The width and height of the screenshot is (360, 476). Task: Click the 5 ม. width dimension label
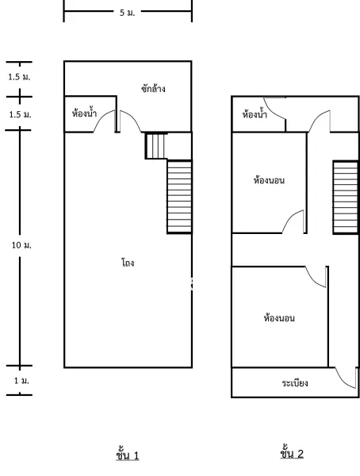(x=127, y=13)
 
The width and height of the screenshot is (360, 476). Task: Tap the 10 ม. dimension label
(x=21, y=245)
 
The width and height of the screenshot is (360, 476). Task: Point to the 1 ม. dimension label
(x=21, y=380)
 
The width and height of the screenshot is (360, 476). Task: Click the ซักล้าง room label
(x=153, y=89)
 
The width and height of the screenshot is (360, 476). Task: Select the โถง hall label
(x=128, y=263)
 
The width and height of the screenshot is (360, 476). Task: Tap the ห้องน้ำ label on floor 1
(x=84, y=113)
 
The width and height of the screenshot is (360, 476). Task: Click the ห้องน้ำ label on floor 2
(x=255, y=113)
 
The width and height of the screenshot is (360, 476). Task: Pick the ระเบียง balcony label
(x=295, y=383)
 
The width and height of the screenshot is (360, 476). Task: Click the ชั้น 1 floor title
(x=128, y=455)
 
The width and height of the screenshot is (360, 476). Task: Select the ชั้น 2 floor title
(x=292, y=453)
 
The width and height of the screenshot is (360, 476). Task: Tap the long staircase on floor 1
(x=179, y=197)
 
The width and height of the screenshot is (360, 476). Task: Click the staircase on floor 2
(x=346, y=198)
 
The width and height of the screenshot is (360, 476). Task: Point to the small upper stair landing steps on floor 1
(x=155, y=146)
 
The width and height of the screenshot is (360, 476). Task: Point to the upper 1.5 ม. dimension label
(x=19, y=77)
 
